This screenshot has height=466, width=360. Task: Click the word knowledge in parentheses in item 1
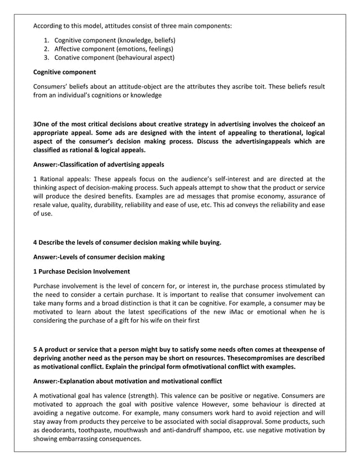(x=134, y=41)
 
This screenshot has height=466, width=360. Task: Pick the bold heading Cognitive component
(x=64, y=72)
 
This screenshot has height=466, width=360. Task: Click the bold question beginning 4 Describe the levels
(x=127, y=243)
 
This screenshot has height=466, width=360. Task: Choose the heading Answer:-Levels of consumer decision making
(x=99, y=257)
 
